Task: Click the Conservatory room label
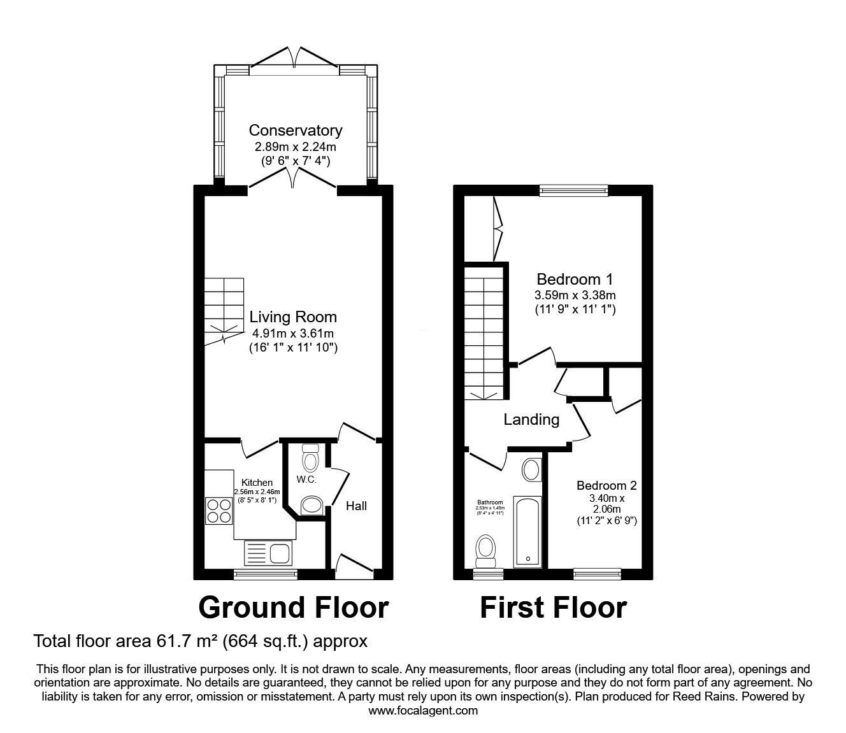coord(295,131)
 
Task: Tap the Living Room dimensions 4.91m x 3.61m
coord(292,332)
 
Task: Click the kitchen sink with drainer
coord(267,552)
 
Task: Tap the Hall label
coord(356,506)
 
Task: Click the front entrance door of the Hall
coord(354,566)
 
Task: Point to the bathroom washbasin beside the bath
coord(531,471)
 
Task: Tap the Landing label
coord(531,420)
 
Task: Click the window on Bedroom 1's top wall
coord(573,189)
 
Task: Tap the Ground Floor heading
coord(293,608)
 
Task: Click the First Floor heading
coord(553,608)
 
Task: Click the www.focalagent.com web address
coord(423,711)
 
